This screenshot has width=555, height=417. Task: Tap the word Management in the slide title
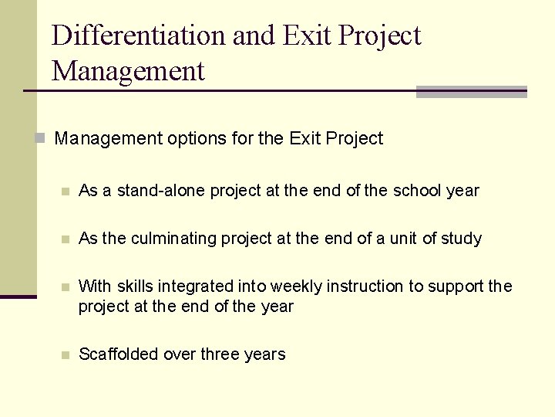(129, 71)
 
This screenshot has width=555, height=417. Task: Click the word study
(461, 239)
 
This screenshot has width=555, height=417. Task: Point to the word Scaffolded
(117, 354)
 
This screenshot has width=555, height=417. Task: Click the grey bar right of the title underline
(471, 92)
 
